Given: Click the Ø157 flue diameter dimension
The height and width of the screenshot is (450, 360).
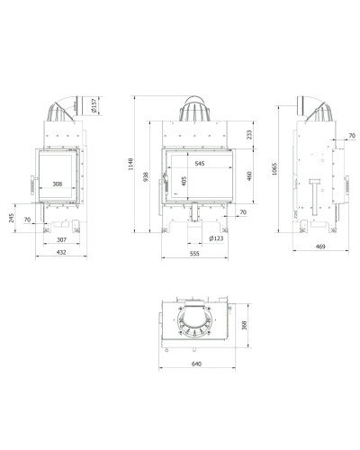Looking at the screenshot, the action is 94,106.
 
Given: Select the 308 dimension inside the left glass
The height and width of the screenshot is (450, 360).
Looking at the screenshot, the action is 58,184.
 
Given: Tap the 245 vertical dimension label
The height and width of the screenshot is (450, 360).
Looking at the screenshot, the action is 12,218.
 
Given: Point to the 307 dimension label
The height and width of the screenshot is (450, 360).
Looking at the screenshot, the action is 61,239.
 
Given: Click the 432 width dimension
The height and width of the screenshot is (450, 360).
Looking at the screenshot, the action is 61,252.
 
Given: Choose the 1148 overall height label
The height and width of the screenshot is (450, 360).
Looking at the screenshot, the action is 130,164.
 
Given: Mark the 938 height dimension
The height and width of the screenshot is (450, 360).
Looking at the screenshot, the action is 146,176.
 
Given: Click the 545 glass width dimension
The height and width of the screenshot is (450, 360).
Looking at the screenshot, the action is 200,164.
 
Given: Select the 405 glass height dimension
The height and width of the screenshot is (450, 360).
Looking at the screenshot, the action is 184,181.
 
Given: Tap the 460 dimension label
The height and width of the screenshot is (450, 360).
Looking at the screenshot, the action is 249,175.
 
